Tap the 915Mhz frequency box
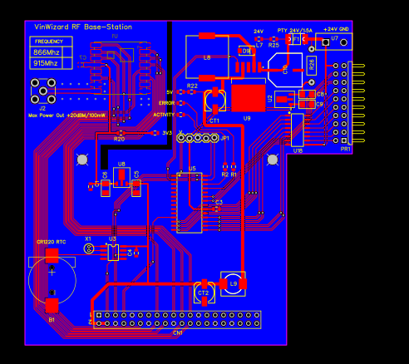point(47,62)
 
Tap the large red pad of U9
point(248,98)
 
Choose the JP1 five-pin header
point(201,137)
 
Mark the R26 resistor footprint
point(312,64)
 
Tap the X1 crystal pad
point(89,248)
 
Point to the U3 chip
point(112,251)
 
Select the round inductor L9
point(233,283)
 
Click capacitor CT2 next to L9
point(204,293)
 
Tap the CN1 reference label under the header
point(177,332)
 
